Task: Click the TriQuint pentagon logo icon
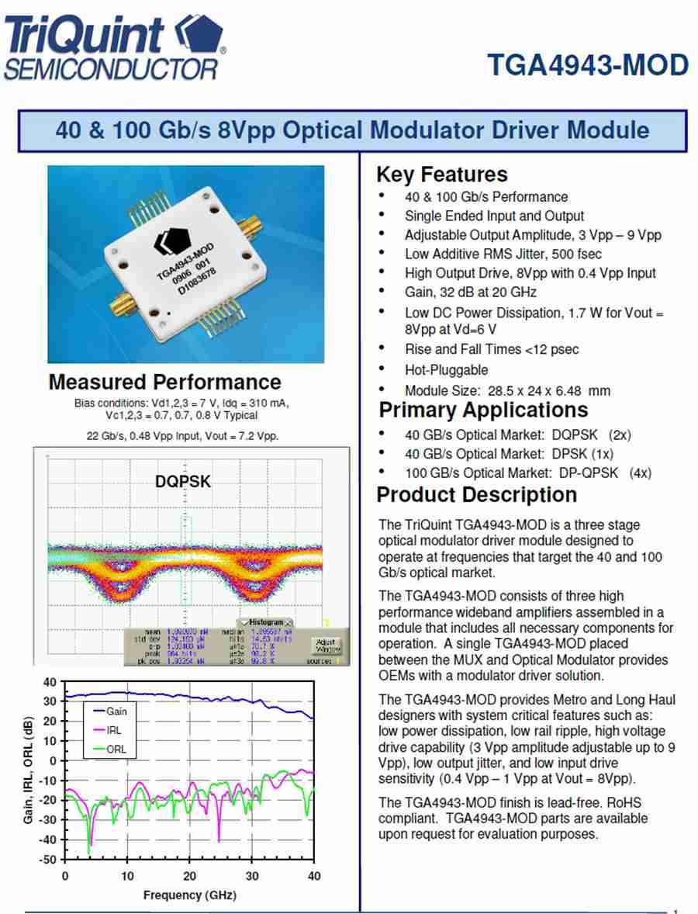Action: pos(199,35)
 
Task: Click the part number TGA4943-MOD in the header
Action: pos(587,65)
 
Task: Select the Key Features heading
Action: pos(441,175)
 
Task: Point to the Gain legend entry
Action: pos(117,711)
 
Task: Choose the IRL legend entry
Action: pos(113,730)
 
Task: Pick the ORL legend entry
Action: pos(116,750)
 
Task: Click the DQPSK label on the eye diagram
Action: pos(183,482)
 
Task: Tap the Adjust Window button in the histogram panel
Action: pos(326,645)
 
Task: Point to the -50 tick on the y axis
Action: pos(47,860)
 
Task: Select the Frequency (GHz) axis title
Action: pos(189,895)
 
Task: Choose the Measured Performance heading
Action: pos(164,382)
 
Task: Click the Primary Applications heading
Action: pos(482,410)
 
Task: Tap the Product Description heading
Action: pos(476,495)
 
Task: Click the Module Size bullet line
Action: pos(507,390)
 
